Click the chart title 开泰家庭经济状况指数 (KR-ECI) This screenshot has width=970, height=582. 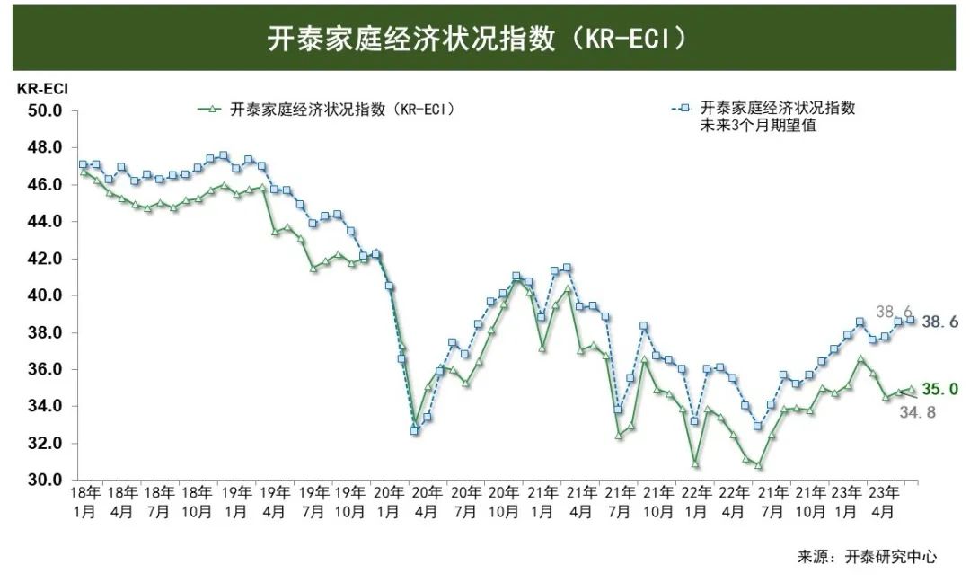pos(477,39)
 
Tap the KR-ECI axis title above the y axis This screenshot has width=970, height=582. pos(42,89)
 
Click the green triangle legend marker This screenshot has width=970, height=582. pos(212,109)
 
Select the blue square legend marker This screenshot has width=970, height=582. pos(684,108)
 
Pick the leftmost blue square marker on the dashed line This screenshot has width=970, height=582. pos(83,164)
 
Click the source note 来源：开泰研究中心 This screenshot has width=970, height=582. pos(867,557)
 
